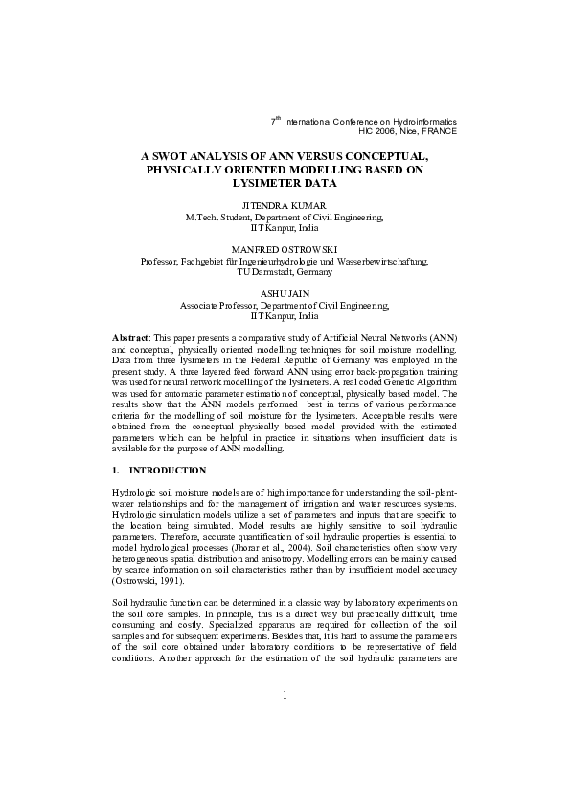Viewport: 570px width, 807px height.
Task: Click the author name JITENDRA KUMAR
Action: pyautogui.click(x=285, y=206)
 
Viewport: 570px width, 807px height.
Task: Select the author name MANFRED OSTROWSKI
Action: pyautogui.click(x=285, y=248)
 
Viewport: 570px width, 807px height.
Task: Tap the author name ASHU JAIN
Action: pyautogui.click(x=285, y=291)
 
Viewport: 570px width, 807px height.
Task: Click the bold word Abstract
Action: pyautogui.click(x=131, y=340)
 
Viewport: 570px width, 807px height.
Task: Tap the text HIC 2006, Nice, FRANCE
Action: pyautogui.click(x=407, y=131)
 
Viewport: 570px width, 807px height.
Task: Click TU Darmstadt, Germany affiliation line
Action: pyautogui.click(x=285, y=271)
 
